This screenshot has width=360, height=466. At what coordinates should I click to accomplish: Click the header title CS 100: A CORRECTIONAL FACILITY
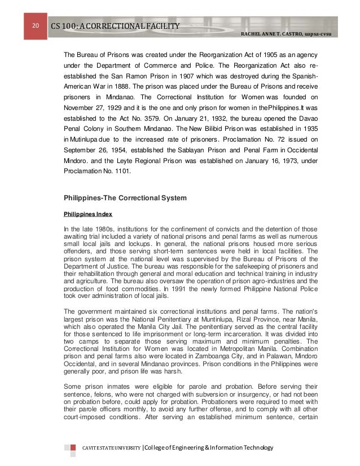tap(116, 27)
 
